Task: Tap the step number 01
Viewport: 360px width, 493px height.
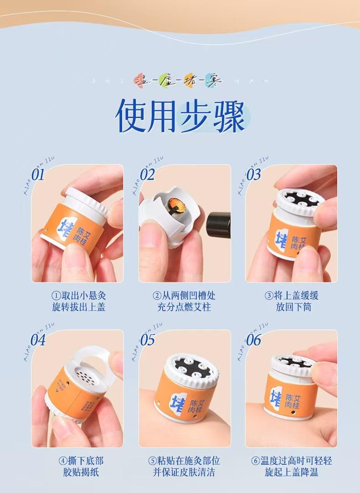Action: (x=38, y=174)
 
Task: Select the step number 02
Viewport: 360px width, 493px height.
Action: (x=147, y=174)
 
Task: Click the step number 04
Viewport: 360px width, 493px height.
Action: (x=38, y=339)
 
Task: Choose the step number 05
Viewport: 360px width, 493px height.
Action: (x=147, y=339)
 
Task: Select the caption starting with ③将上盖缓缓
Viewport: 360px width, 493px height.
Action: (x=292, y=301)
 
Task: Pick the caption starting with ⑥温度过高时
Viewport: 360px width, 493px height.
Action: (x=292, y=466)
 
